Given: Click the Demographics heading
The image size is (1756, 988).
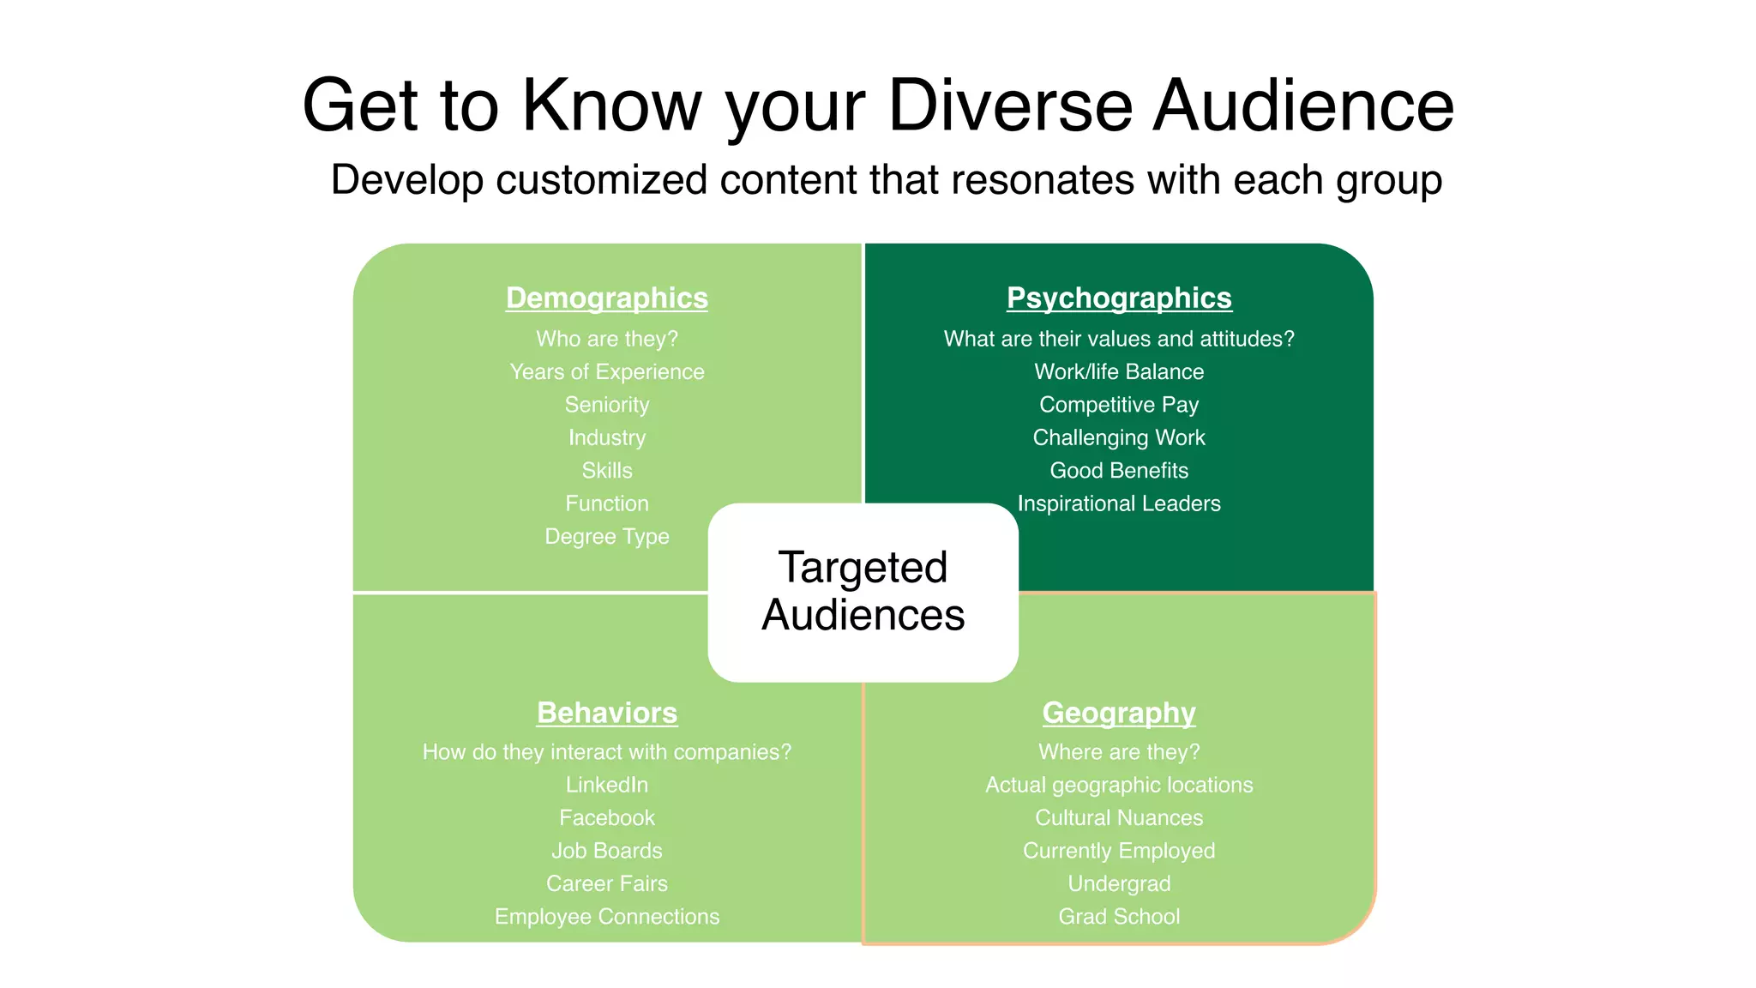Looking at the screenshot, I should pyautogui.click(x=606, y=298).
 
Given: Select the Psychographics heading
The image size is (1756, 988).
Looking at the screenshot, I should pyautogui.click(x=1118, y=298).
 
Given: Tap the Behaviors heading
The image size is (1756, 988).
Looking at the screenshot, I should pyautogui.click(x=606, y=713).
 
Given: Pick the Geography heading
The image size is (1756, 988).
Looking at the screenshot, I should pyautogui.click(x=1118, y=713).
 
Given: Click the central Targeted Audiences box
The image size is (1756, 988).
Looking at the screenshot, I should pyautogui.click(x=863, y=592).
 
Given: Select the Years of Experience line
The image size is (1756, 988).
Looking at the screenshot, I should pyautogui.click(x=606, y=371).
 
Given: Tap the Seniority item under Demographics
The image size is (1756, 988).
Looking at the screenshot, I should pyautogui.click(x=606, y=405).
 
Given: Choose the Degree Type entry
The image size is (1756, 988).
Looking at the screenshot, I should pyautogui.click(x=606, y=537).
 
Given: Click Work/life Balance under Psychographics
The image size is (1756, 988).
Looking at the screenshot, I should pyautogui.click(x=1118, y=371).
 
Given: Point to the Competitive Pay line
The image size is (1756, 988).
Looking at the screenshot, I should pyautogui.click(x=1118, y=405).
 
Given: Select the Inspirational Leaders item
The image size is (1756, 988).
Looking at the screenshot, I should pyautogui.click(x=1118, y=503).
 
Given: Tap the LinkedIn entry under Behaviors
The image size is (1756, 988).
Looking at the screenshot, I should pyautogui.click(x=606, y=785).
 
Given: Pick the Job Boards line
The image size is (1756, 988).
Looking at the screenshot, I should pyautogui.click(x=606, y=851).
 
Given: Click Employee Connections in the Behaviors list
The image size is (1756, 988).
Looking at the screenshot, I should pyautogui.click(x=606, y=917).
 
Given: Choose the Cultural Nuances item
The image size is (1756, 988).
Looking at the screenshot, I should pyautogui.click(x=1118, y=818).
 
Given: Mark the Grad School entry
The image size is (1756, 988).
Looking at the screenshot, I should pyautogui.click(x=1118, y=917).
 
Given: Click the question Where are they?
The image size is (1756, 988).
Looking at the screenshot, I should pyautogui.click(x=1118, y=752).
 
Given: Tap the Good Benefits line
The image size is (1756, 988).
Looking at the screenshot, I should pyautogui.click(x=1118, y=471).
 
